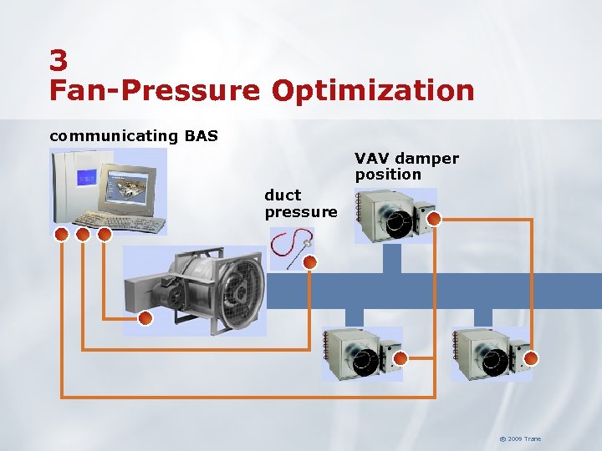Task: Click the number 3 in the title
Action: (x=59, y=60)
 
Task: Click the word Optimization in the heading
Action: (x=372, y=90)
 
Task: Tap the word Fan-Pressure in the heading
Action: (x=155, y=90)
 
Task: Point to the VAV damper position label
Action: (x=406, y=166)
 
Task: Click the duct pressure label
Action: (x=300, y=203)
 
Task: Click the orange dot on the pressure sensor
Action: (x=310, y=262)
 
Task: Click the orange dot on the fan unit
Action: (x=145, y=318)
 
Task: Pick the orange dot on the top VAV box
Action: (x=433, y=219)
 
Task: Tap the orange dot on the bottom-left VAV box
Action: (x=400, y=358)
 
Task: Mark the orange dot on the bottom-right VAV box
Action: (x=530, y=358)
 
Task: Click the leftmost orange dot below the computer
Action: (x=61, y=235)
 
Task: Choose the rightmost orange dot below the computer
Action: (x=105, y=235)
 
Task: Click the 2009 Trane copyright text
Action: (x=520, y=438)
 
